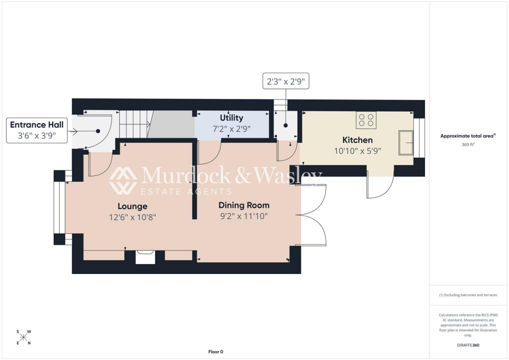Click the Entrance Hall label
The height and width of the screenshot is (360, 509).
pos(36,124)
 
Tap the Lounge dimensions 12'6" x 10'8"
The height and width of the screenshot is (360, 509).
pos(133,217)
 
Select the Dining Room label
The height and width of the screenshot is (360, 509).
pos(244,205)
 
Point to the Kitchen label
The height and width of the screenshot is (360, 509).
pos(357,140)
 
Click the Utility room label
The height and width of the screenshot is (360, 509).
pos(232,118)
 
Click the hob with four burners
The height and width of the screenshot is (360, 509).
pos(366,120)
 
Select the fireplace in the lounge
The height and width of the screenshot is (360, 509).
pos(145,257)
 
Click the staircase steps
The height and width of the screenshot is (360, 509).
pos(134,124)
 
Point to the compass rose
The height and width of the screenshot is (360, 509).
pos(24,337)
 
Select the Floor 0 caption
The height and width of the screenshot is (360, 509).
pos(216,352)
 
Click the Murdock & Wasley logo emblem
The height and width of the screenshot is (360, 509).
pos(123,180)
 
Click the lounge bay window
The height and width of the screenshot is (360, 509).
pos(59,208)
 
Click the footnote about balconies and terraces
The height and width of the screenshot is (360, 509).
pos(468,295)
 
